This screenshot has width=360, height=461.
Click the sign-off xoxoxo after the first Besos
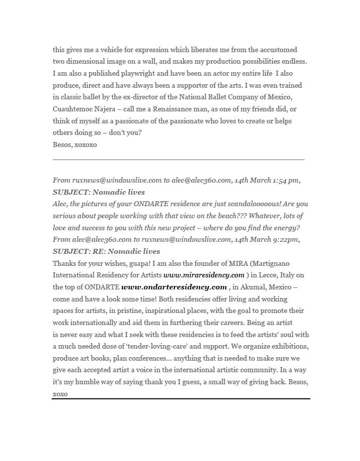click(x=86, y=144)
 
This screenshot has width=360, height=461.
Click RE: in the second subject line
click(x=99, y=251)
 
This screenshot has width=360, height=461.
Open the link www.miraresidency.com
click(x=204, y=275)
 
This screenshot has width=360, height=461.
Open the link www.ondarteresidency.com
click(x=174, y=287)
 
